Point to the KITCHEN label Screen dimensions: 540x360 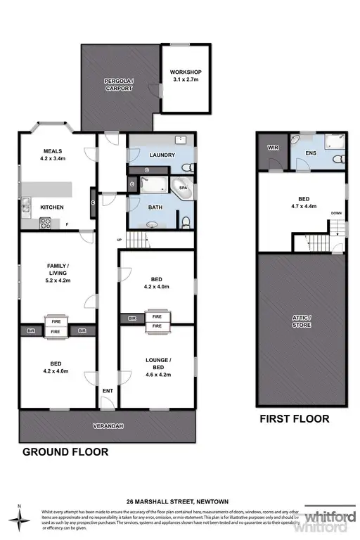click(x=52, y=207)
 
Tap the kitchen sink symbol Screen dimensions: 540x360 click(x=26, y=206)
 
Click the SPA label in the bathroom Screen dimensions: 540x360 click(x=183, y=188)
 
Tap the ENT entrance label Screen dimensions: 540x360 click(x=108, y=391)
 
